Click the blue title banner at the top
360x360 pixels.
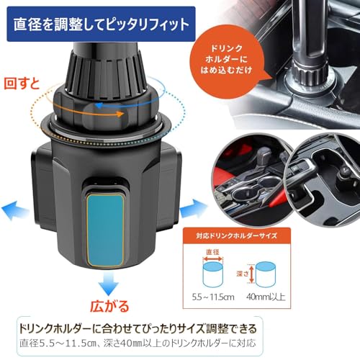pyautogui.click(x=101, y=24)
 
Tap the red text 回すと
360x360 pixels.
pyautogui.click(x=22, y=84)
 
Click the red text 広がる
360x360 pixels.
pyautogui.click(x=109, y=307)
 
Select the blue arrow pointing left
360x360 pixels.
pyautogui.click(x=15, y=210)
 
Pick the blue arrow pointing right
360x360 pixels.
pyautogui.click(x=193, y=208)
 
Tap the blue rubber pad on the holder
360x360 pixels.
pyautogui.click(x=106, y=230)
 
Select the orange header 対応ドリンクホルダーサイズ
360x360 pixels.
pyautogui.click(x=237, y=235)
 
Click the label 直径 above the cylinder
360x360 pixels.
pyautogui.click(x=212, y=252)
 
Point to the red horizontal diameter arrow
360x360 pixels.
pyautogui.click(x=213, y=259)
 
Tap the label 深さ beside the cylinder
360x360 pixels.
pyautogui.click(x=242, y=274)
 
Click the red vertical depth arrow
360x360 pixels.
pyautogui.click(x=251, y=274)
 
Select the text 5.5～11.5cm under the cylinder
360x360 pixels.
pyautogui.click(x=213, y=297)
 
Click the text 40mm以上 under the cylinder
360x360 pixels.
pyautogui.click(x=266, y=297)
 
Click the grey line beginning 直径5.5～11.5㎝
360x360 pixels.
pyautogui.click(x=138, y=343)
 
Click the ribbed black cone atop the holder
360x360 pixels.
pyautogui.click(x=106, y=76)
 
